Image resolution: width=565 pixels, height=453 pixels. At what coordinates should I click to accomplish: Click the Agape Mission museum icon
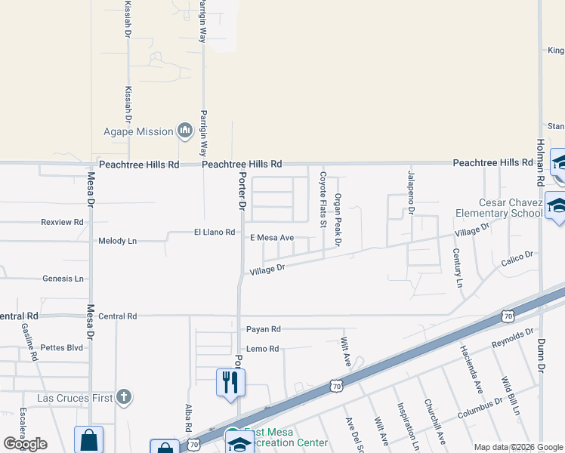click(x=184, y=131)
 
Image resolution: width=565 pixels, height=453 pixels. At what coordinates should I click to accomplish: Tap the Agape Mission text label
click(x=138, y=131)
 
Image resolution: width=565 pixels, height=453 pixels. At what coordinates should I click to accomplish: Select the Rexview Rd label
click(x=62, y=222)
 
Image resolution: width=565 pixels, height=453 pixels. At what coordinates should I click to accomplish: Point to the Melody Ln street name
click(x=117, y=241)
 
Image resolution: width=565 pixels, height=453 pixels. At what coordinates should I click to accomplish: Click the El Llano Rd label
click(x=215, y=232)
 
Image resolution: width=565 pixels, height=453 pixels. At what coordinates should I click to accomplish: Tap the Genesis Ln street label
click(x=63, y=279)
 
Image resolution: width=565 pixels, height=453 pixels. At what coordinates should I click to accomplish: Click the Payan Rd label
click(x=263, y=329)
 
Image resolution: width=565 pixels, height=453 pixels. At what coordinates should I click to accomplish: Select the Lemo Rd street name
click(x=262, y=349)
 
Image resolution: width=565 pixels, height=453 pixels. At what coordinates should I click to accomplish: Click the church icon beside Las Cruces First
click(x=124, y=396)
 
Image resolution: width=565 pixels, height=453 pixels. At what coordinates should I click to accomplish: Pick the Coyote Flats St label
click(x=323, y=199)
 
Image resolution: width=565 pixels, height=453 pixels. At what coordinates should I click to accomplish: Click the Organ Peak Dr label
click(x=338, y=219)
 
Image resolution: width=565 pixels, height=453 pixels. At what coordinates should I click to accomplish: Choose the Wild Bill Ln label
click(x=510, y=396)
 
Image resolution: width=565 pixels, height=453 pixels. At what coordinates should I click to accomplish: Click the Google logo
click(x=26, y=445)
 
